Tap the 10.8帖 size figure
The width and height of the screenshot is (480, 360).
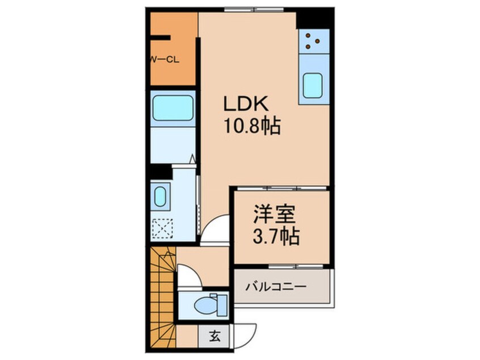pos(251,127)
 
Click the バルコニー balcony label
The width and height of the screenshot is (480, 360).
pos(276,287)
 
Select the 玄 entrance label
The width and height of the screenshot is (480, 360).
pos(216,336)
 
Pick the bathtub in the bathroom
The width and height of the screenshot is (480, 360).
pos(172,108)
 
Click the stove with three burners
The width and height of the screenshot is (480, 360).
pos(313,40)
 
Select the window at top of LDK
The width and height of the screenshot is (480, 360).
pos(247,10)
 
